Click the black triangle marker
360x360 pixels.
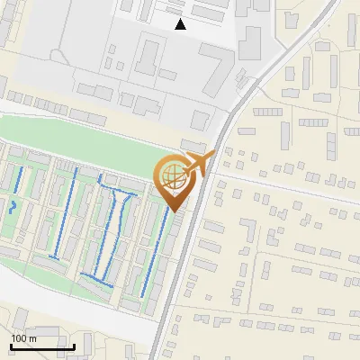pos(181,24)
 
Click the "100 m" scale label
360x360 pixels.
pos(24,338)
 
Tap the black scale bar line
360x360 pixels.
pos(42,346)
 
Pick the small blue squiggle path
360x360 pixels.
pos(13,206)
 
